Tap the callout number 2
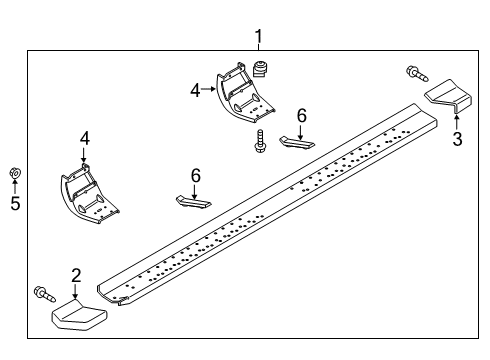point(76,276)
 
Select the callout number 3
point(457,139)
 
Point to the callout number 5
point(15,203)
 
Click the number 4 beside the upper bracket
point(196,90)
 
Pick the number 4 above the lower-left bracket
point(85,138)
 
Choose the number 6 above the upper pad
point(301,116)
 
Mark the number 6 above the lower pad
point(196,176)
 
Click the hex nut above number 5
point(15,172)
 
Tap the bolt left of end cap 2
point(44,294)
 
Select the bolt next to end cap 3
point(417,74)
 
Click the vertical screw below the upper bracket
point(260,141)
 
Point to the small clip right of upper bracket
point(260,68)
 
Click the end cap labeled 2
point(79,315)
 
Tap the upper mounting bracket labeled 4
point(244,93)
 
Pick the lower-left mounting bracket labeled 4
point(89,194)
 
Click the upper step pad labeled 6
point(297,143)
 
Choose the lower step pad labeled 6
point(194,202)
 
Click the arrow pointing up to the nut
point(15,186)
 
